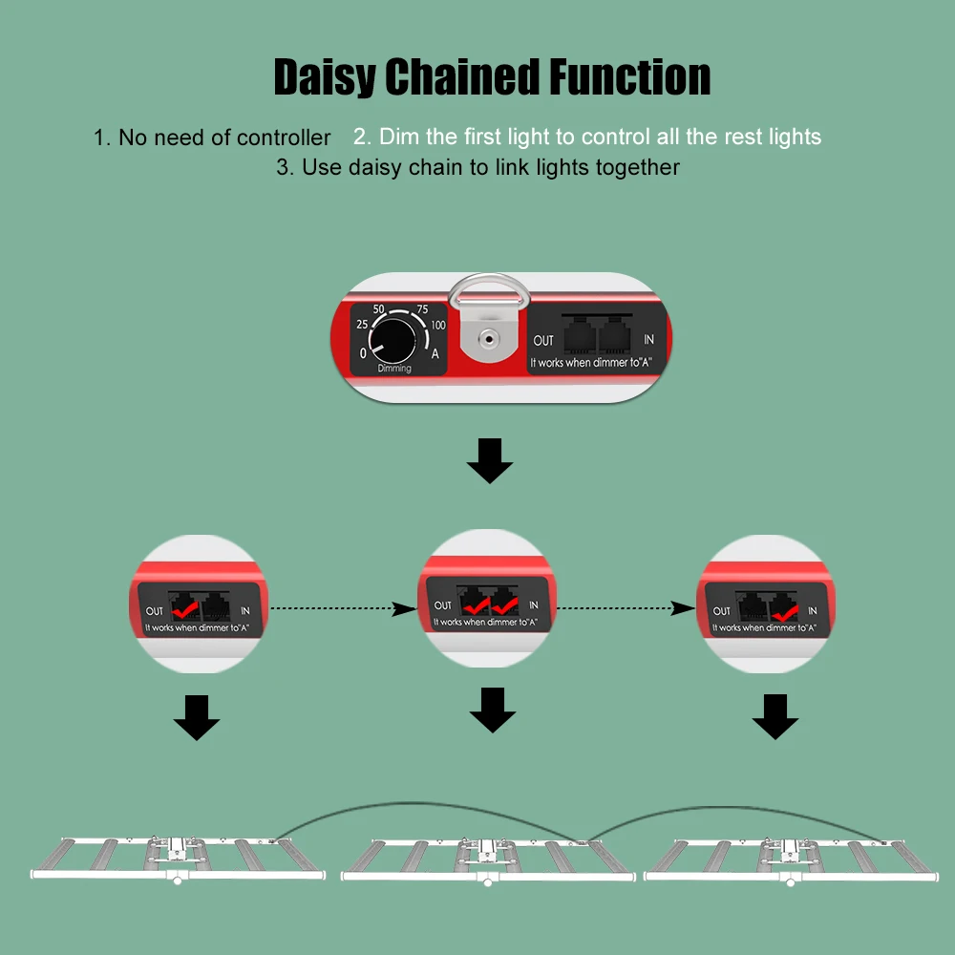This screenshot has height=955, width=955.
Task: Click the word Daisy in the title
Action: click(x=325, y=76)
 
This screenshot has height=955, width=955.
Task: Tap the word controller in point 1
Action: click(x=284, y=138)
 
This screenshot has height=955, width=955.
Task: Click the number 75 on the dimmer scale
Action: click(x=422, y=309)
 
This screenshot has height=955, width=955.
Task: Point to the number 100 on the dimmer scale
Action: click(x=437, y=326)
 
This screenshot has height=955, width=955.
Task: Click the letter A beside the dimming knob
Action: click(x=435, y=354)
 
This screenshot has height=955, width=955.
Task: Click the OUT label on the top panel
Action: click(x=543, y=340)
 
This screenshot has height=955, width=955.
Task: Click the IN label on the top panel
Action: click(x=649, y=340)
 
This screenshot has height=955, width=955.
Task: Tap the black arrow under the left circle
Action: click(x=197, y=718)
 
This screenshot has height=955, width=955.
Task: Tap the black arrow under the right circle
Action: click(x=775, y=718)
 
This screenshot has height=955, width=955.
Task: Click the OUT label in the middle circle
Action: click(x=443, y=605)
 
